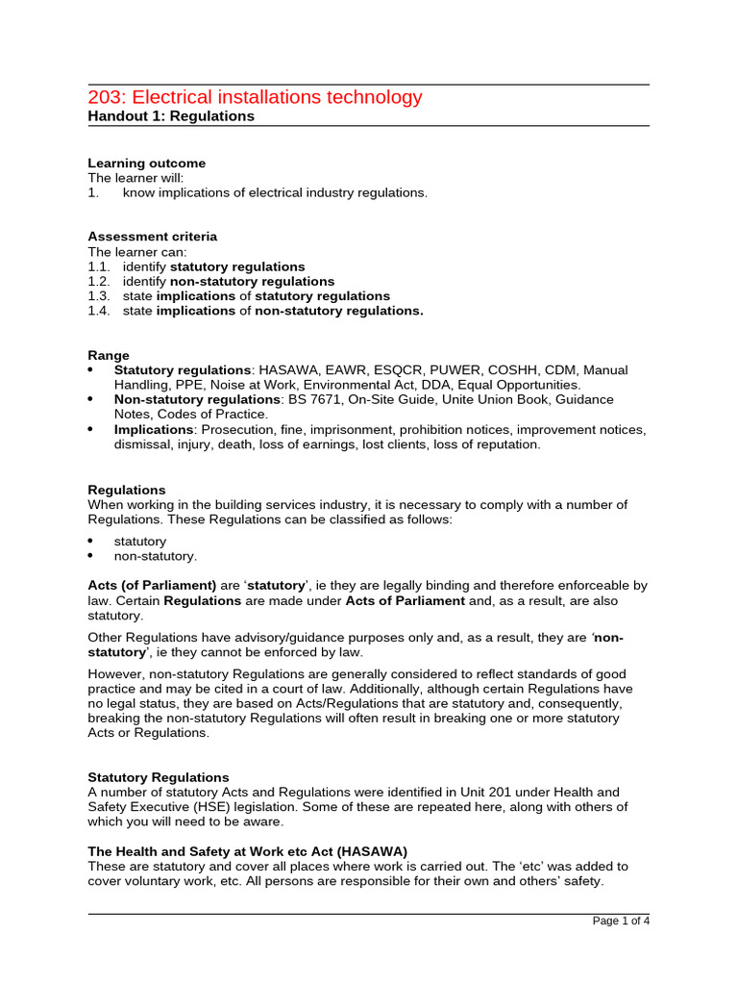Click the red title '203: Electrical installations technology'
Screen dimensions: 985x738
(x=255, y=97)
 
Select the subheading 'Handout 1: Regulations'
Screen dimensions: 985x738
(x=171, y=116)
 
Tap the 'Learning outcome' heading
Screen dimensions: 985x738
(x=146, y=164)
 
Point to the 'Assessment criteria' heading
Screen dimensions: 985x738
(x=152, y=237)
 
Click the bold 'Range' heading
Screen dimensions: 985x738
(x=109, y=355)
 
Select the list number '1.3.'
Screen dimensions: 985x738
(x=99, y=296)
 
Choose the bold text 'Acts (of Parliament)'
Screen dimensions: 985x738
(x=152, y=585)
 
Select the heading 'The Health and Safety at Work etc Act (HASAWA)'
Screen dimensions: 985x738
(x=248, y=851)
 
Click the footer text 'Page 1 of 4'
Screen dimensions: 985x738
(x=621, y=922)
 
